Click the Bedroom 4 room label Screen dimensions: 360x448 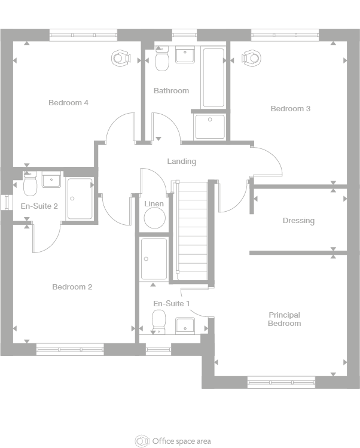[68, 102]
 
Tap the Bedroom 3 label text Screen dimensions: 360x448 [290, 109]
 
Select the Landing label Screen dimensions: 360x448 [182, 161]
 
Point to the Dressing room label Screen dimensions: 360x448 [298, 221]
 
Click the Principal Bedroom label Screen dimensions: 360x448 [284, 319]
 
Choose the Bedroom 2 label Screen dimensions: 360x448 [72, 287]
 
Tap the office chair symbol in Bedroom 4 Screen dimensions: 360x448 [121, 58]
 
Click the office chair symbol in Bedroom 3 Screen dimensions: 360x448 [251, 58]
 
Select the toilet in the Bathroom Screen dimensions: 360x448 [162, 59]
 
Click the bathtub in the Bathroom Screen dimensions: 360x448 [213, 78]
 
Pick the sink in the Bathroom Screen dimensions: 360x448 [185, 55]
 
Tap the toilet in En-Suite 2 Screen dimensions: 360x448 [30, 184]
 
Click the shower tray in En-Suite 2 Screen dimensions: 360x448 [80, 199]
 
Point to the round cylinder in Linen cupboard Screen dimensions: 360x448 [154, 218]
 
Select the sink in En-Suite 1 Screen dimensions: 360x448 [185, 325]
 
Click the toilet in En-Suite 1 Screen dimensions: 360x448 [159, 322]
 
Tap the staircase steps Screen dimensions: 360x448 [193, 231]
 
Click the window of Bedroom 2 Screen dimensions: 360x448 [70, 349]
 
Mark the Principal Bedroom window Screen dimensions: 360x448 [281, 382]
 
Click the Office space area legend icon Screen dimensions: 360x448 [142, 441]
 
